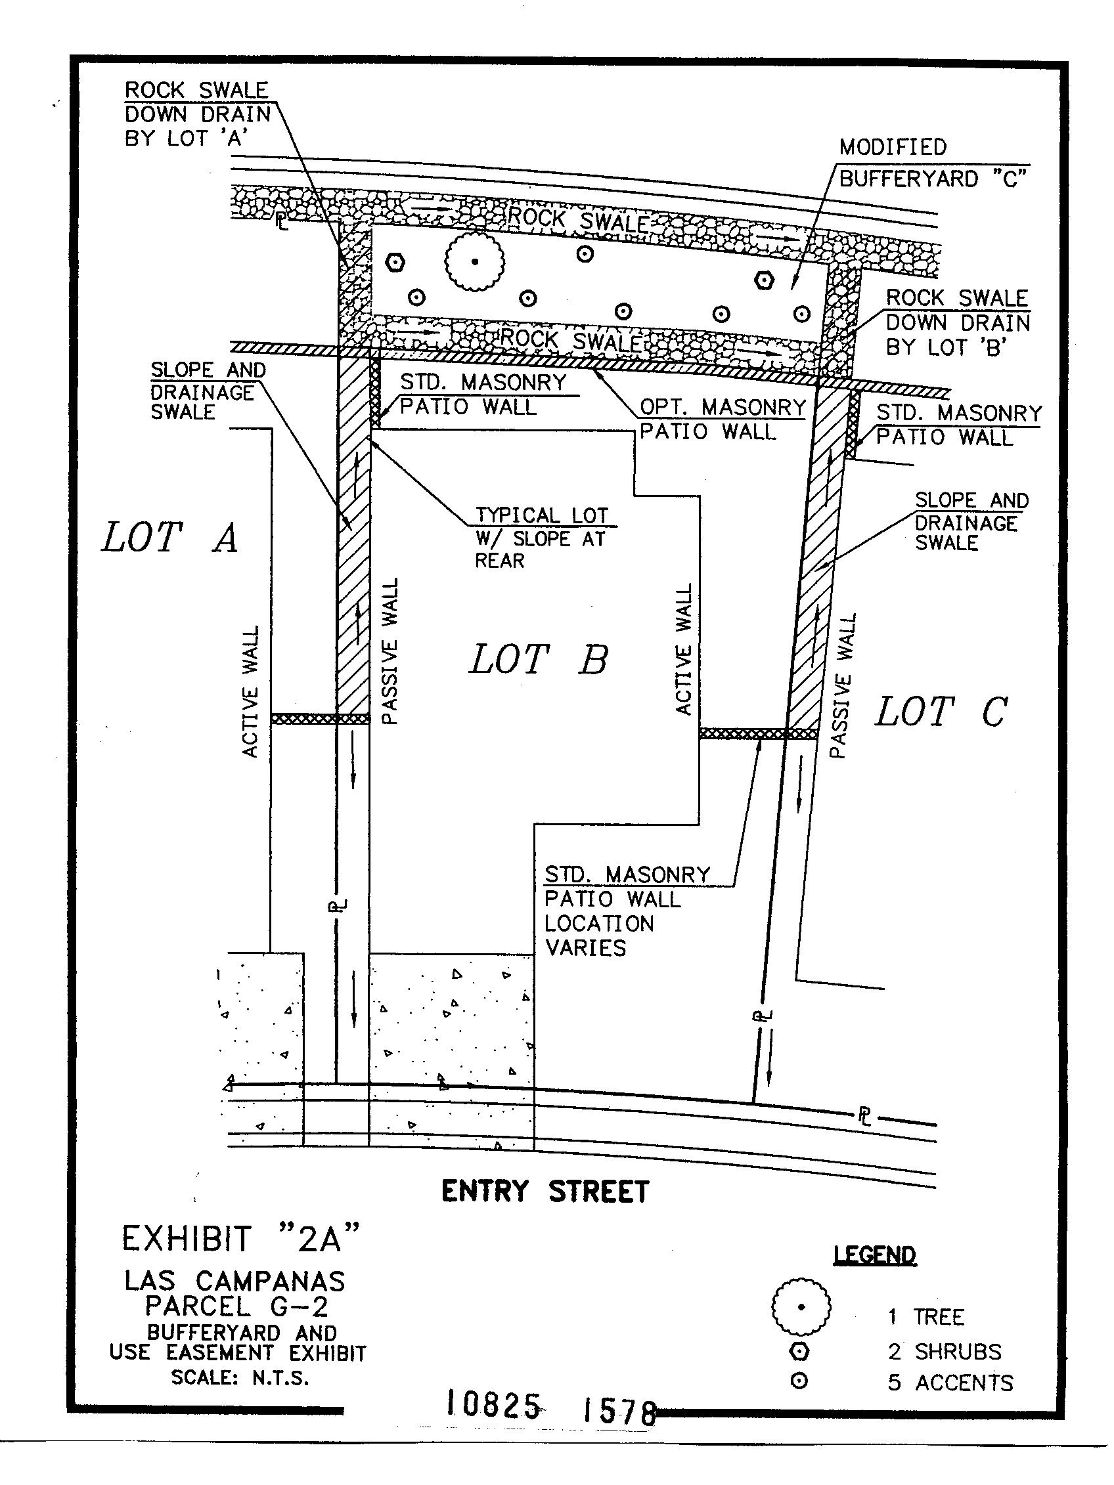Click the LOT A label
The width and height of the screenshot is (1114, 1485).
pos(170,538)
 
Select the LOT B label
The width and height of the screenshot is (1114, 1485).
pos(539,659)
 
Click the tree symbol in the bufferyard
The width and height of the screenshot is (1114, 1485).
pos(474,261)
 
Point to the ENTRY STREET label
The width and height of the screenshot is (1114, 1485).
pos(545,1192)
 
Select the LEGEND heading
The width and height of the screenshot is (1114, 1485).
pos(874,1255)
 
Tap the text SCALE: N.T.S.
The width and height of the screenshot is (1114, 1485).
pos(240,1377)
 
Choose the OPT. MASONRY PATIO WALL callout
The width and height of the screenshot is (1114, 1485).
pos(722,419)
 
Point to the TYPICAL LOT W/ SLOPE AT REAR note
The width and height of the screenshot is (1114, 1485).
pos(541,538)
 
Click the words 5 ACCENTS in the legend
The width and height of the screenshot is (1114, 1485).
pos(950,1383)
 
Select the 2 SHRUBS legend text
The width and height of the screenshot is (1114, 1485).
pos(944,1352)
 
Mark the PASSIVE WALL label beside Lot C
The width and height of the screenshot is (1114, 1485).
pos(843,685)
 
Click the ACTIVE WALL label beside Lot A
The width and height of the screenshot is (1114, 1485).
pos(250,692)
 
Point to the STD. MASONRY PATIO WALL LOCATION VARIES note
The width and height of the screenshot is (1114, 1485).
pos(627,911)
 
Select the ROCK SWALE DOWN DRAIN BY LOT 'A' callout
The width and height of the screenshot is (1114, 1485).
pos(198,114)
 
